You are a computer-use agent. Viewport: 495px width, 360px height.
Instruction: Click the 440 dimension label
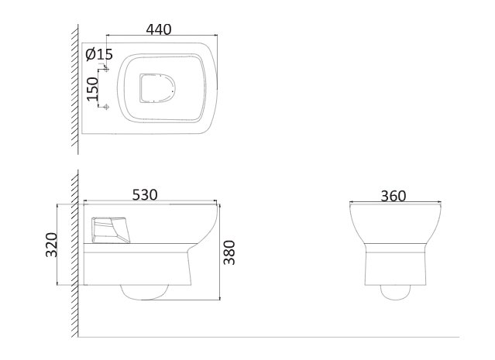tap(159, 29)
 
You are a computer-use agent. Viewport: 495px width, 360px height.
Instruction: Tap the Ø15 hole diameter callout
tap(99, 54)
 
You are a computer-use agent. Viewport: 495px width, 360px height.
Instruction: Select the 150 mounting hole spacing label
tap(93, 89)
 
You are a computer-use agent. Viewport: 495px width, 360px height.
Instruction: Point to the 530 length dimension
tap(145, 194)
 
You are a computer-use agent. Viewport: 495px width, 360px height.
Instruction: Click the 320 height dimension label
tap(51, 245)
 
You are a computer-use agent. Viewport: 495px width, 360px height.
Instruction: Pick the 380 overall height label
tap(229, 252)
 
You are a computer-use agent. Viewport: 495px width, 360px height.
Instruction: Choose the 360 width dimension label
tap(394, 196)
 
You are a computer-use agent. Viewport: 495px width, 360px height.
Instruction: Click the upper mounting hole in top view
tap(106, 69)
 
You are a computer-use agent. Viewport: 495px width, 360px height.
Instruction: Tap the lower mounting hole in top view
tap(106, 107)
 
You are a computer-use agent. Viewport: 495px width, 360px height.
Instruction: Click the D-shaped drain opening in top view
tap(157, 88)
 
